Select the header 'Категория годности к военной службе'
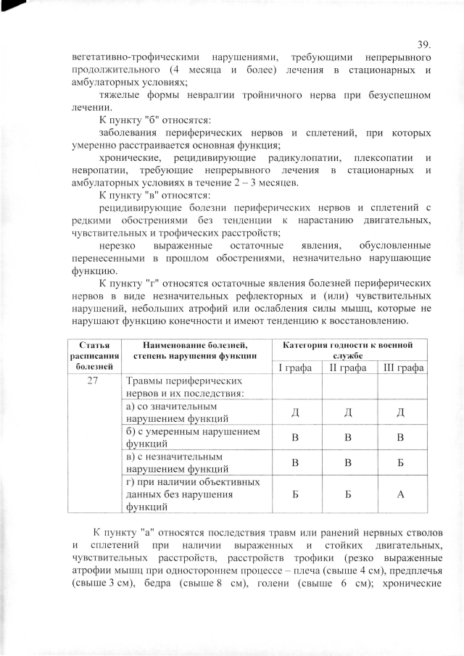pyautogui.click(x=348, y=349)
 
